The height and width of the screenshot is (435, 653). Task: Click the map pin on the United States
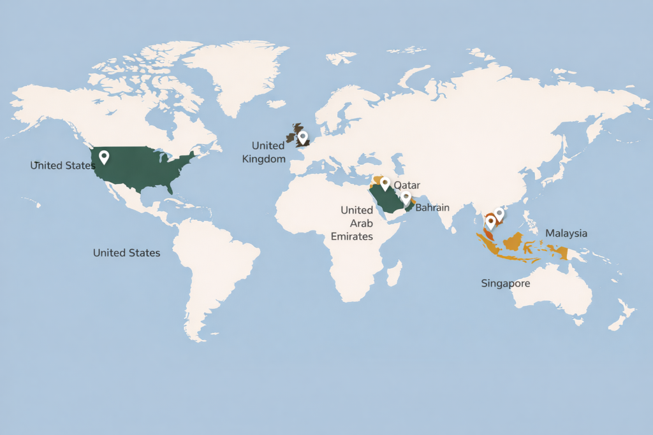(104, 156)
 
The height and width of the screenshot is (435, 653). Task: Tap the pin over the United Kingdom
(303, 137)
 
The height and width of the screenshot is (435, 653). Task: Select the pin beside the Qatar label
(385, 183)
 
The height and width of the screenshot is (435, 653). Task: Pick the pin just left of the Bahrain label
(406, 197)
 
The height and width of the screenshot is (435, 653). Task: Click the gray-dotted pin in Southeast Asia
(499, 213)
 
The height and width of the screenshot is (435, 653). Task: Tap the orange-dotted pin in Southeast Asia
(490, 222)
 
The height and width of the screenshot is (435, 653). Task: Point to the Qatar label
(406, 185)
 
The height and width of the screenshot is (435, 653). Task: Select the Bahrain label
(432, 208)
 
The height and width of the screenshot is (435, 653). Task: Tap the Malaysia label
(566, 234)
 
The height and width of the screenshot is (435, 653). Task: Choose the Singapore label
(505, 283)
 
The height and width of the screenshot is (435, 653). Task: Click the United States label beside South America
(126, 253)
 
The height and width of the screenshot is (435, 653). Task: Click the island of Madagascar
(395, 275)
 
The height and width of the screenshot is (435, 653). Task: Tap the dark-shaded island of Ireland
(291, 138)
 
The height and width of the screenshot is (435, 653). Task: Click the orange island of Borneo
(514, 242)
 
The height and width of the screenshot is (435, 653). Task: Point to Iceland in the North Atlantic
(277, 103)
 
